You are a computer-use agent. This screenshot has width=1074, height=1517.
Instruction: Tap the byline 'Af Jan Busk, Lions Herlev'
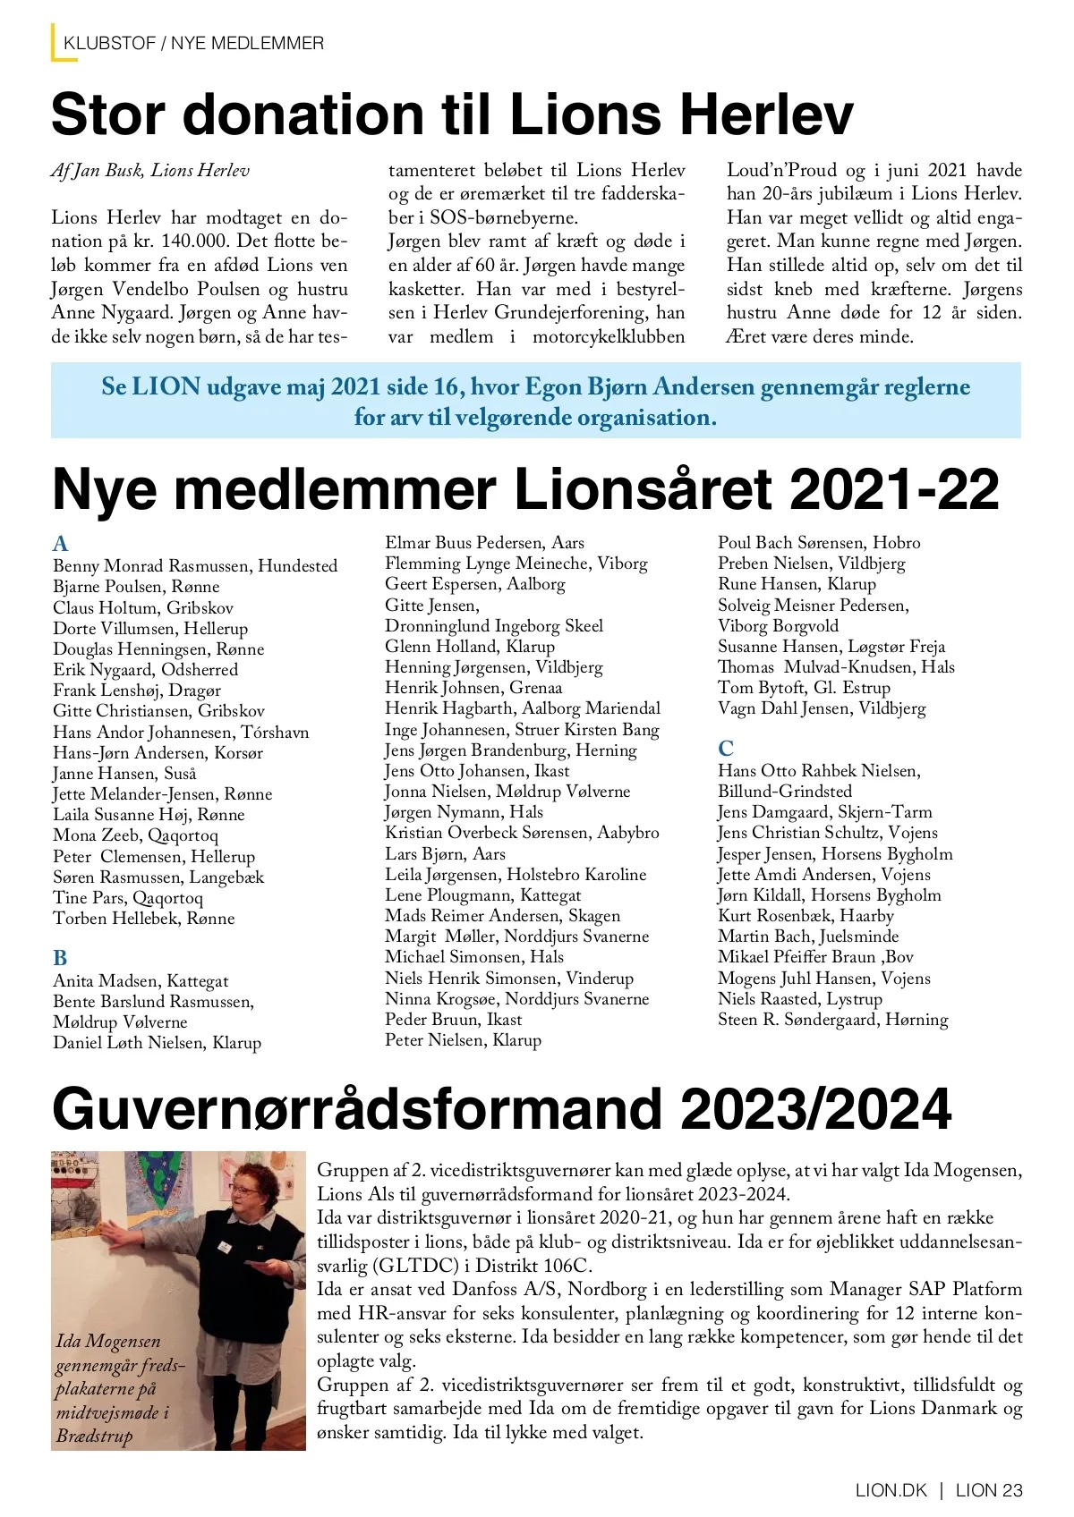(150, 170)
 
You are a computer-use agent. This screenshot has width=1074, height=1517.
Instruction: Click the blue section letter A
(61, 544)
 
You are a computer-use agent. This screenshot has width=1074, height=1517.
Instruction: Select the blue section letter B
(60, 958)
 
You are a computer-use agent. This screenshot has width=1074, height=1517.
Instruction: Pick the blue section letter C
(726, 748)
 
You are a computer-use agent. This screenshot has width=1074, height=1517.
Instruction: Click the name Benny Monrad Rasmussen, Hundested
(195, 566)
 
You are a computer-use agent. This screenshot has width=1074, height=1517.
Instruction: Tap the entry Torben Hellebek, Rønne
(143, 919)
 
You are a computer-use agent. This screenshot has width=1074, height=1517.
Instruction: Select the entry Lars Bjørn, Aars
(445, 853)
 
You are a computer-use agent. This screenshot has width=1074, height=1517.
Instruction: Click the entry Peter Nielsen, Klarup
(463, 1040)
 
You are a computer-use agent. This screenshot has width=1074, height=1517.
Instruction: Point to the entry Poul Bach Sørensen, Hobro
(818, 543)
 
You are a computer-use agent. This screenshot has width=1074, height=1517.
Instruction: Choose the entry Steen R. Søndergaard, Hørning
(832, 1020)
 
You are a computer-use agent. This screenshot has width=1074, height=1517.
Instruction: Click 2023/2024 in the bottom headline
(815, 1110)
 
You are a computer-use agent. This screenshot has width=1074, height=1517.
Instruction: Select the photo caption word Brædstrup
(94, 1436)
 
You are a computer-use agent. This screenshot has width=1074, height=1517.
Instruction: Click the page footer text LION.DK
(891, 1490)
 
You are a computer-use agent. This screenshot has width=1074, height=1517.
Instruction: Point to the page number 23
(1012, 1490)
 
